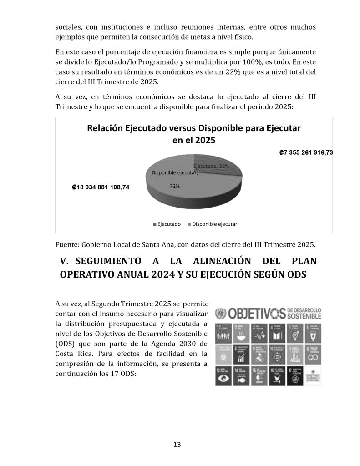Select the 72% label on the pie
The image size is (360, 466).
[x=174, y=186]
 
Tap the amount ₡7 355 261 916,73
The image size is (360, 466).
[x=306, y=152]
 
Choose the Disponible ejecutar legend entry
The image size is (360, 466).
[x=212, y=224]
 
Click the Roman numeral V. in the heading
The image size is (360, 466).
[x=64, y=262]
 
